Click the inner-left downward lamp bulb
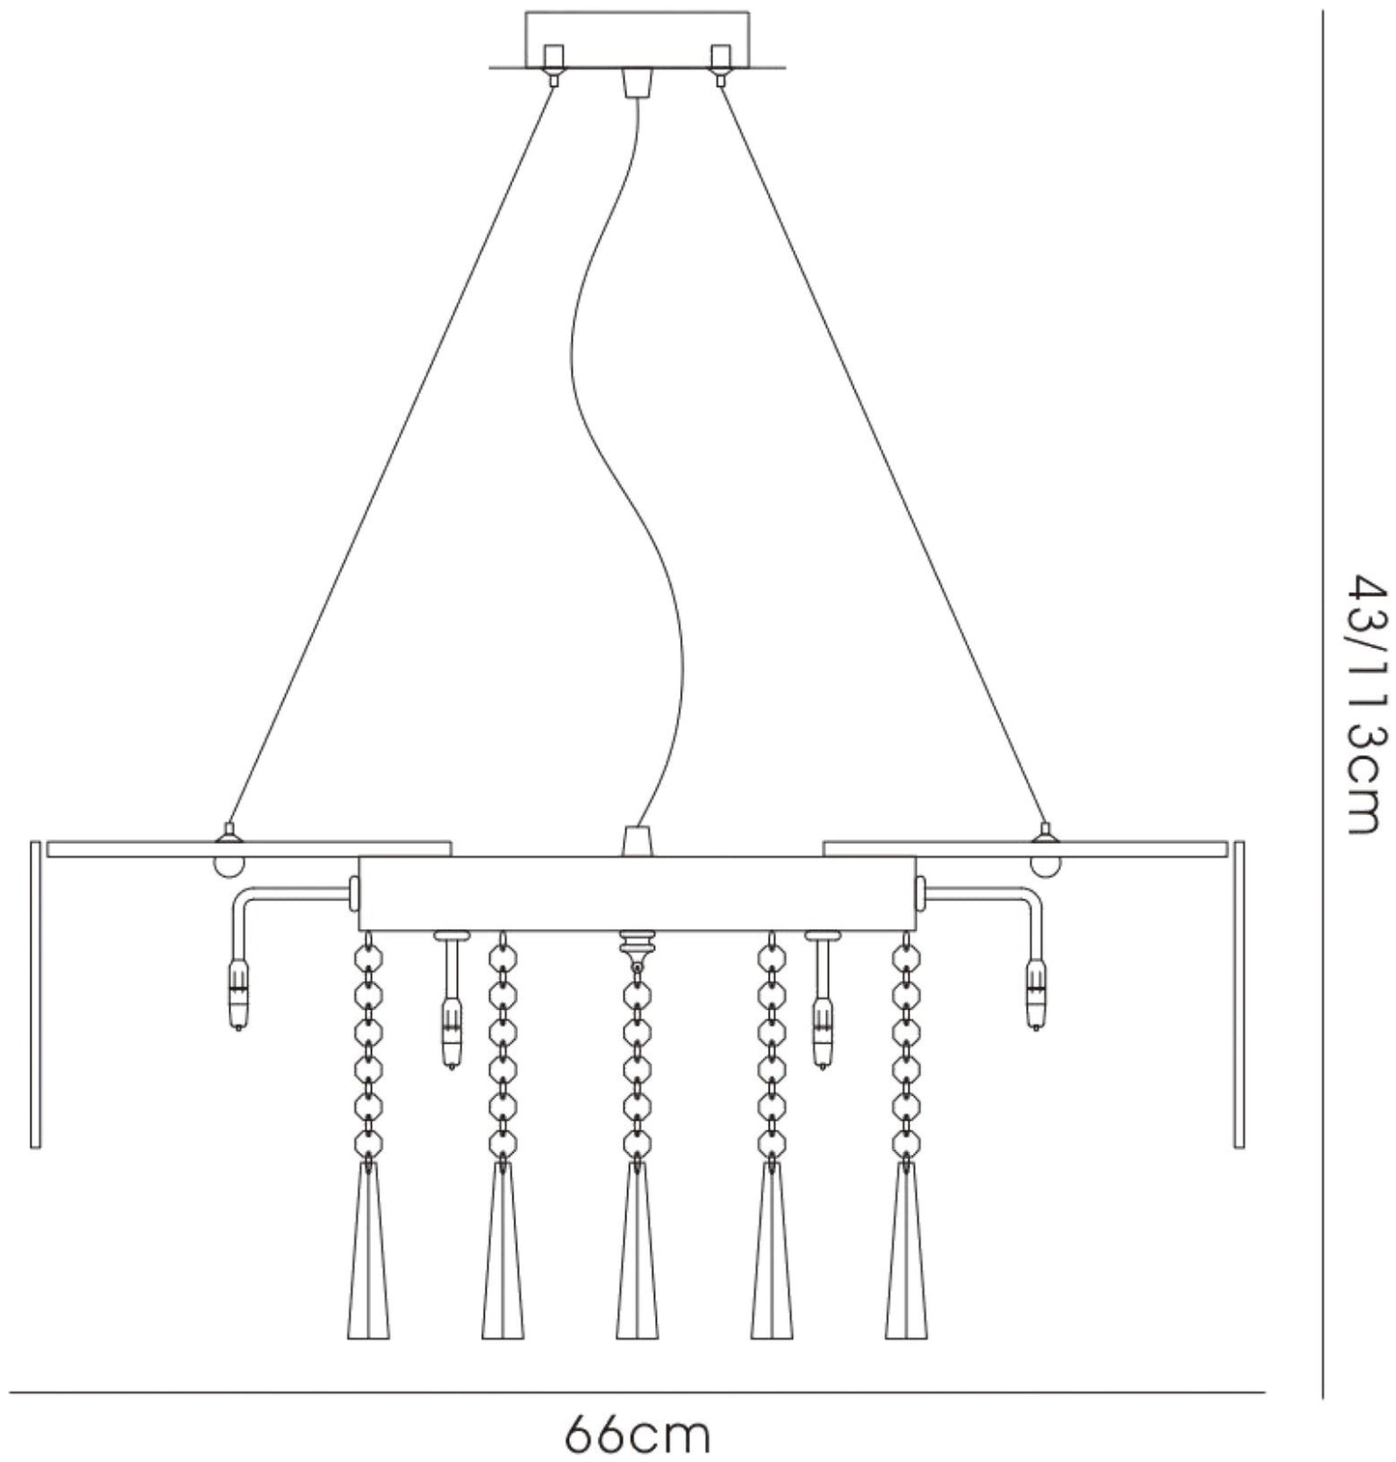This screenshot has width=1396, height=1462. pyautogui.click(x=449, y=1035)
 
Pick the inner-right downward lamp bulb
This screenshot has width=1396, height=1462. pyautogui.click(x=823, y=1035)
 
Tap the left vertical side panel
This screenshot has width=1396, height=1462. pyautogui.click(x=36, y=995)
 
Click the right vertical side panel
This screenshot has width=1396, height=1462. pyautogui.click(x=1239, y=995)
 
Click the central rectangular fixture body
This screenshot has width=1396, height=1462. pyautogui.click(x=637, y=893)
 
